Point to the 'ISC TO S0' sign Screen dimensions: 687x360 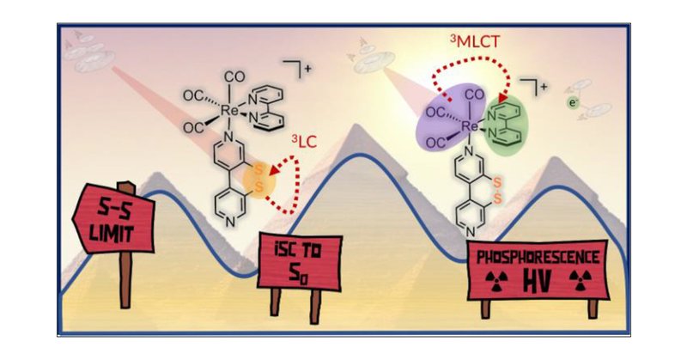pyautogui.click(x=297, y=259)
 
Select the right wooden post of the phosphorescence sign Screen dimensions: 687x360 pyautogui.click(x=592, y=307)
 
